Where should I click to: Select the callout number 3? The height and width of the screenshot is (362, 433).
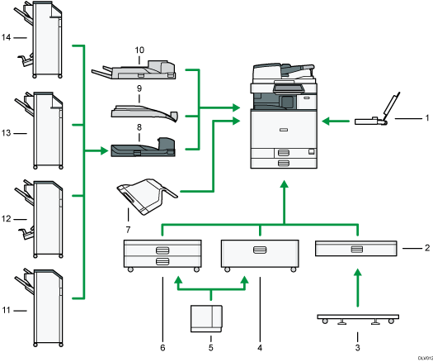click(x=359, y=337)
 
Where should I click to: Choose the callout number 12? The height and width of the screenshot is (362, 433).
click(x=7, y=219)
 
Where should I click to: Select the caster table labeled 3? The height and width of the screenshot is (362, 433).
click(x=359, y=318)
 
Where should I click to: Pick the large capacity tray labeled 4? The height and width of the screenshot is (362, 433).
click(x=260, y=254)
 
